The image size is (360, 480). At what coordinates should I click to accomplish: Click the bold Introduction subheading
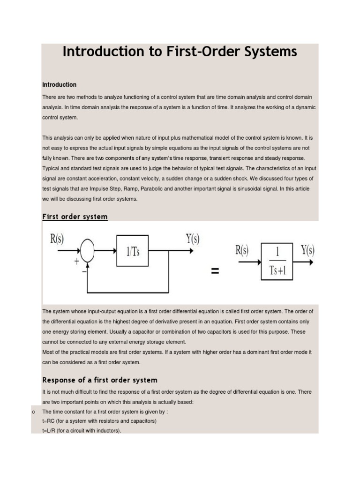click(59, 85)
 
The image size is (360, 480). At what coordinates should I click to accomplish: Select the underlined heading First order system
click(75, 217)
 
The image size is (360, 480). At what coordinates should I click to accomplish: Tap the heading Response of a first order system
click(100, 380)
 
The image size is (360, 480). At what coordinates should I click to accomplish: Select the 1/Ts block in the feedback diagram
click(133, 251)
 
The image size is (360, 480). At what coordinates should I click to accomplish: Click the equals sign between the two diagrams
click(215, 271)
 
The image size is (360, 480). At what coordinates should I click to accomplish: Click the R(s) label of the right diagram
click(242, 250)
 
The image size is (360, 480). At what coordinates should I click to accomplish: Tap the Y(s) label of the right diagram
click(307, 250)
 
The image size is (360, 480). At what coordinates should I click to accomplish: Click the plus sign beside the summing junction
click(76, 262)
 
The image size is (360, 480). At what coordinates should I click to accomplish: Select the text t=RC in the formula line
click(49, 421)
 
